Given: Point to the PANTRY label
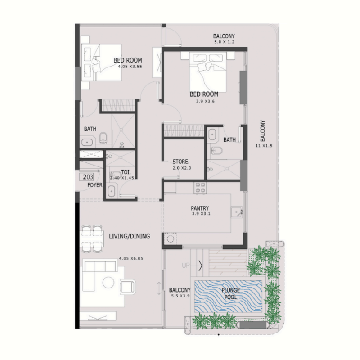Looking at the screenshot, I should (198, 208).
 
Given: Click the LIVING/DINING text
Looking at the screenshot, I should (130, 236).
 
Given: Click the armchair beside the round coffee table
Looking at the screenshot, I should (127, 284).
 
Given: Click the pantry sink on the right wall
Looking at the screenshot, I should (238, 211).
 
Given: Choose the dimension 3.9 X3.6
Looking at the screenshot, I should (204, 102).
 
